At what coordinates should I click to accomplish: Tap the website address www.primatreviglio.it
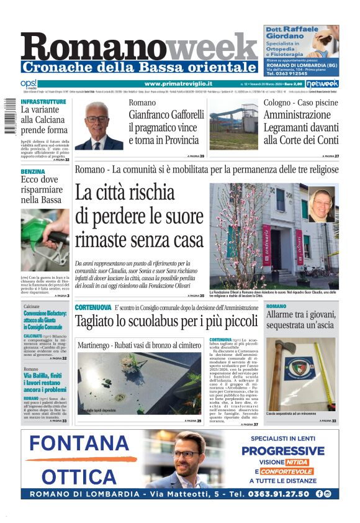[178, 84]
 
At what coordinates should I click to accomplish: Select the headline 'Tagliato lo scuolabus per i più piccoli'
[166, 322]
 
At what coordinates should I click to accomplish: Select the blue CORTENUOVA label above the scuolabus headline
[92, 307]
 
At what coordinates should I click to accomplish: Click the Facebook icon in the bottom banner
[319, 494]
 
